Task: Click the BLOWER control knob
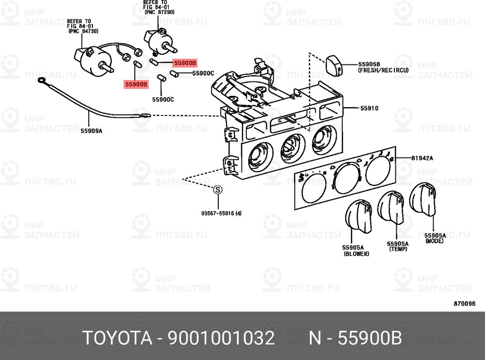coord(358,217)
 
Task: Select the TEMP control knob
coord(391,208)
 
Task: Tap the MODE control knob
coord(423,200)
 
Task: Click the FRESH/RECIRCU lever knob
coord(334,65)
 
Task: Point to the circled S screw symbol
coord(218,189)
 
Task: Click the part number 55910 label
coord(369,108)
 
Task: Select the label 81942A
coord(422,158)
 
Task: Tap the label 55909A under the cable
coord(92,131)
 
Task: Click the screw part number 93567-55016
coord(222,213)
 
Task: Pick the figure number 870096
coord(465,304)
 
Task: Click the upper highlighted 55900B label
coord(185,63)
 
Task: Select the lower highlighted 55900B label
coord(136,84)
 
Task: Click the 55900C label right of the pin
coord(203,73)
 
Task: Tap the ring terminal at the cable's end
coord(41,81)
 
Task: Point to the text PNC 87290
coord(160,13)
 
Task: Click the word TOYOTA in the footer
coord(117,338)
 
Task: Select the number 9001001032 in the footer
coord(221,338)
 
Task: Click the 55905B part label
coord(369,64)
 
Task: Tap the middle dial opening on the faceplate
coord(348,178)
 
